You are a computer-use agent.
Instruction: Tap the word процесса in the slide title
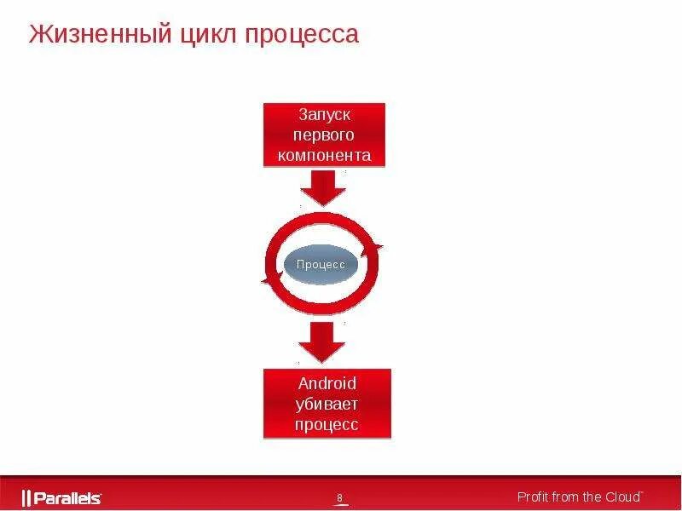tap(303, 35)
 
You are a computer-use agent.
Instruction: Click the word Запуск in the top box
tap(324, 113)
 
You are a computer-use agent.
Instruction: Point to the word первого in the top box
tap(324, 135)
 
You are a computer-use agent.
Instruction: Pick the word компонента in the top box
tap(324, 156)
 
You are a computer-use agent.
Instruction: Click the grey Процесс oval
tap(321, 264)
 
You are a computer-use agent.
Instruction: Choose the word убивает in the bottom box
tap(327, 404)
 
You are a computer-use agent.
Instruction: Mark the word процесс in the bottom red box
tap(327, 425)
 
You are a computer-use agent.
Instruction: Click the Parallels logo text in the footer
tap(67, 498)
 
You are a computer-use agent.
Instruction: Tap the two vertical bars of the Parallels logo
tap(26, 498)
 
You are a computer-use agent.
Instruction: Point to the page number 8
tap(339, 498)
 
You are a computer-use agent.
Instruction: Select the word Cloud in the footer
tap(622, 497)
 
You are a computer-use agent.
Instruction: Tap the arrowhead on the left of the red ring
tap(269, 279)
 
